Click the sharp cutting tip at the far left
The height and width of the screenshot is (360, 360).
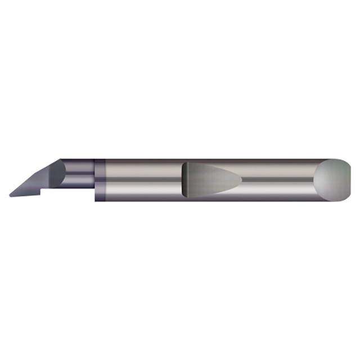[11, 195]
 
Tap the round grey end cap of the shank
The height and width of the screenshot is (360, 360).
[331, 180]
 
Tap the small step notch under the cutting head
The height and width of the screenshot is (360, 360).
[41, 193]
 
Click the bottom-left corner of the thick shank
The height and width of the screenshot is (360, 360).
[96, 200]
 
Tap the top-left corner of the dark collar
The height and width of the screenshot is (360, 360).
[95, 160]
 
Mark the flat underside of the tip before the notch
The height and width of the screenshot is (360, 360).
[25, 195]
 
